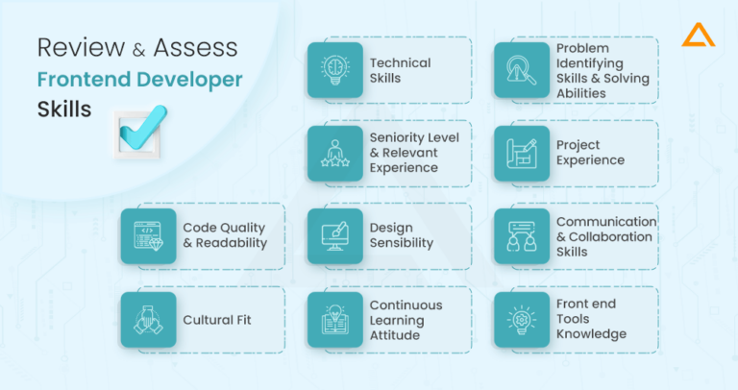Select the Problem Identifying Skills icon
pyautogui.click(x=522, y=70)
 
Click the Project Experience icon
pyautogui.click(x=522, y=153)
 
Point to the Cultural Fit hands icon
pyautogui.click(x=148, y=319)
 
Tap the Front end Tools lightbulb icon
pyautogui.click(x=522, y=319)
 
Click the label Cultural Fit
pyautogui.click(x=217, y=319)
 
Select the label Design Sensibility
pyautogui.click(x=402, y=236)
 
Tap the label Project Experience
pyautogui.click(x=590, y=153)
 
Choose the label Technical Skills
pyautogui.click(x=400, y=70)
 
